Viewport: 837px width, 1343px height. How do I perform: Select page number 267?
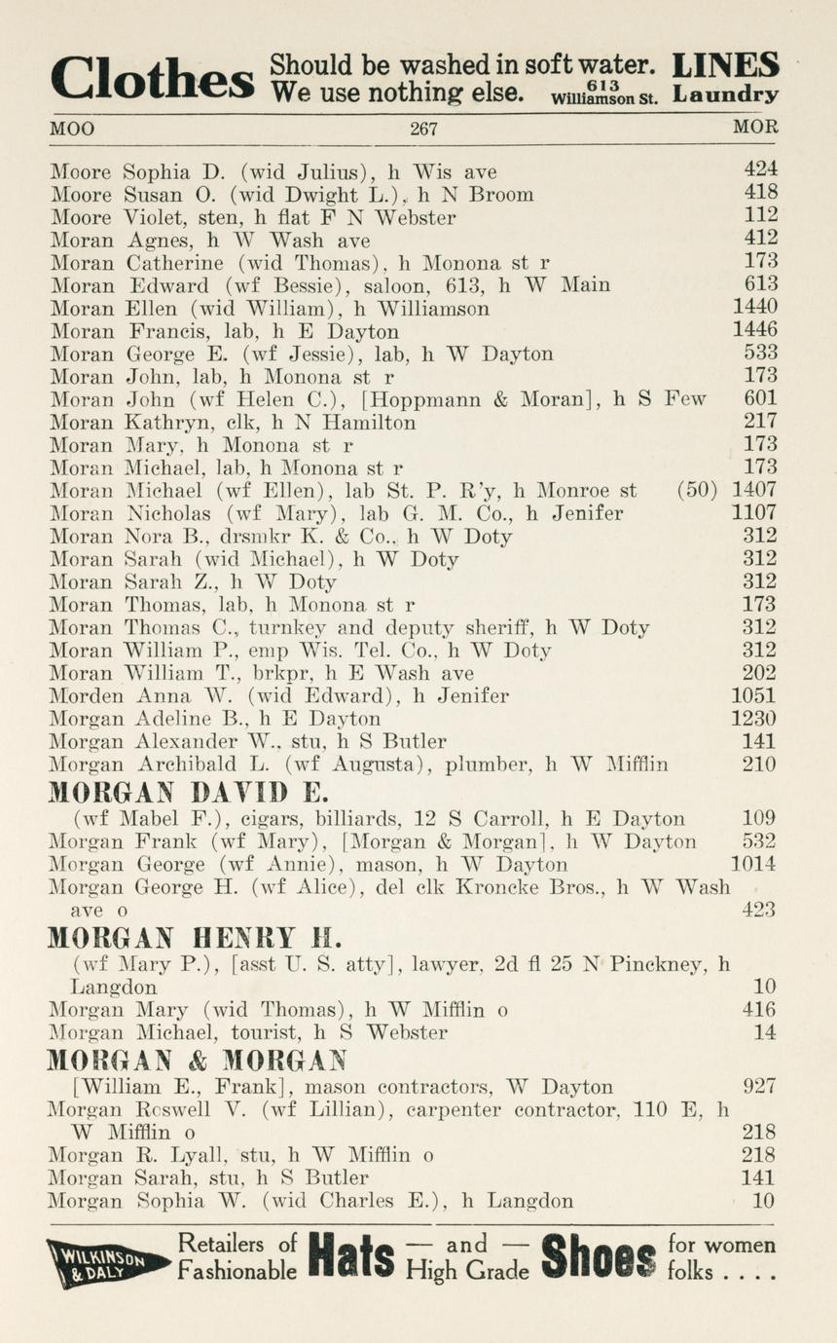(x=423, y=129)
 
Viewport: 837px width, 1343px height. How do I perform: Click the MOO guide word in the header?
(x=72, y=129)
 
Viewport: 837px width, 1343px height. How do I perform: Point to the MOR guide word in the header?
(x=755, y=129)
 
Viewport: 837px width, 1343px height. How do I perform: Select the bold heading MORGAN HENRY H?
(x=195, y=938)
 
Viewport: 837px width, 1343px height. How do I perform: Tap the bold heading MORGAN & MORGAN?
(x=198, y=1060)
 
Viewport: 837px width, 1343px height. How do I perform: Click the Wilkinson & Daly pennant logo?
(x=106, y=1263)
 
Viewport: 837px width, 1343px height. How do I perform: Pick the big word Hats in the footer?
(x=350, y=1258)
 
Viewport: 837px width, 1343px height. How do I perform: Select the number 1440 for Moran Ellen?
(x=754, y=308)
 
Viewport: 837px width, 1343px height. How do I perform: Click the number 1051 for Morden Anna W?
(x=754, y=695)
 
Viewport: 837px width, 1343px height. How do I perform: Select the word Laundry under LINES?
(x=725, y=95)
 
